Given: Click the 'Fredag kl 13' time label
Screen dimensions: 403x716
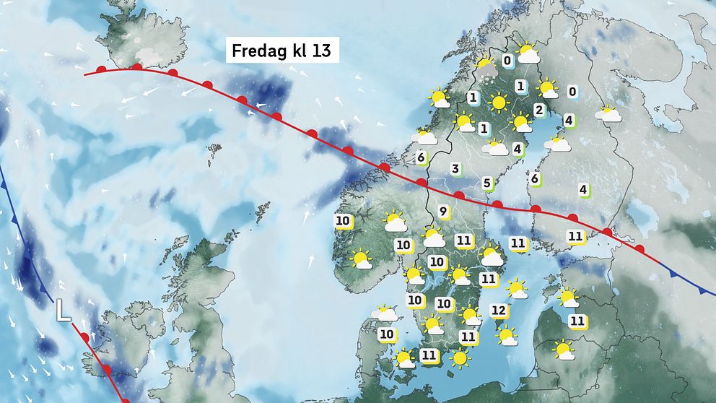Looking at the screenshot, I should [x=283, y=53].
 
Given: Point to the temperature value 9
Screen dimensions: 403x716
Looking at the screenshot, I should [x=443, y=212].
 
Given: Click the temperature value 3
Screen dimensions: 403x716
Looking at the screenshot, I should [x=455, y=169].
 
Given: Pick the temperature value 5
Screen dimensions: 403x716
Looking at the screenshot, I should [x=486, y=183].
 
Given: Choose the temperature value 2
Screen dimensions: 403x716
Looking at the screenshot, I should [x=538, y=110].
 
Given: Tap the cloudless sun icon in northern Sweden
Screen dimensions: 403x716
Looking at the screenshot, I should [x=498, y=103].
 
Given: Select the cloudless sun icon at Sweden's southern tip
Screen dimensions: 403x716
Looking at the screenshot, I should [x=459, y=357].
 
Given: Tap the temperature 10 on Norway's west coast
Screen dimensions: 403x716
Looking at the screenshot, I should [x=343, y=221].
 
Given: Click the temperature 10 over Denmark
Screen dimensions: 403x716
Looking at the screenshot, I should [x=387, y=334].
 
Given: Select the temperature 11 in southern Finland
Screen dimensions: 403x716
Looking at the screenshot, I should [x=575, y=235].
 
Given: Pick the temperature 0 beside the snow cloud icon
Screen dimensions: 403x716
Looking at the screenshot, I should [x=507, y=61].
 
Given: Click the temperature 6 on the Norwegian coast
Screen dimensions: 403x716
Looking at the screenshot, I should [x=421, y=157].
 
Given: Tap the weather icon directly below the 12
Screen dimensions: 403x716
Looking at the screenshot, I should [x=507, y=335].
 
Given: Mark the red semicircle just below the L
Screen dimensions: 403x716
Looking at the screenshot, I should [x=84, y=338].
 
